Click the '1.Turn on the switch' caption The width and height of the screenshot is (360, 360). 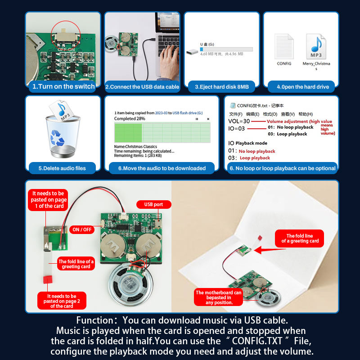tap(63, 86)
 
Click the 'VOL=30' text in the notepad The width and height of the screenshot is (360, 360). tap(239, 121)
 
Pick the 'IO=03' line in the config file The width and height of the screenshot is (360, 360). tap(237, 128)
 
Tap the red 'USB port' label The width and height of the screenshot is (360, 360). tap(153, 204)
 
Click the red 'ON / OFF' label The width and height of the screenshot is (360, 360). tap(82, 229)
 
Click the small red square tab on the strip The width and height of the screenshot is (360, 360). tap(45, 279)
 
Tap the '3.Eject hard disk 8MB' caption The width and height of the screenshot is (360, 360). tap(222, 87)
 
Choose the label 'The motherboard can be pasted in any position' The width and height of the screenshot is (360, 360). tap(219, 297)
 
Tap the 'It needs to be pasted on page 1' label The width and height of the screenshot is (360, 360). tap(48, 199)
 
